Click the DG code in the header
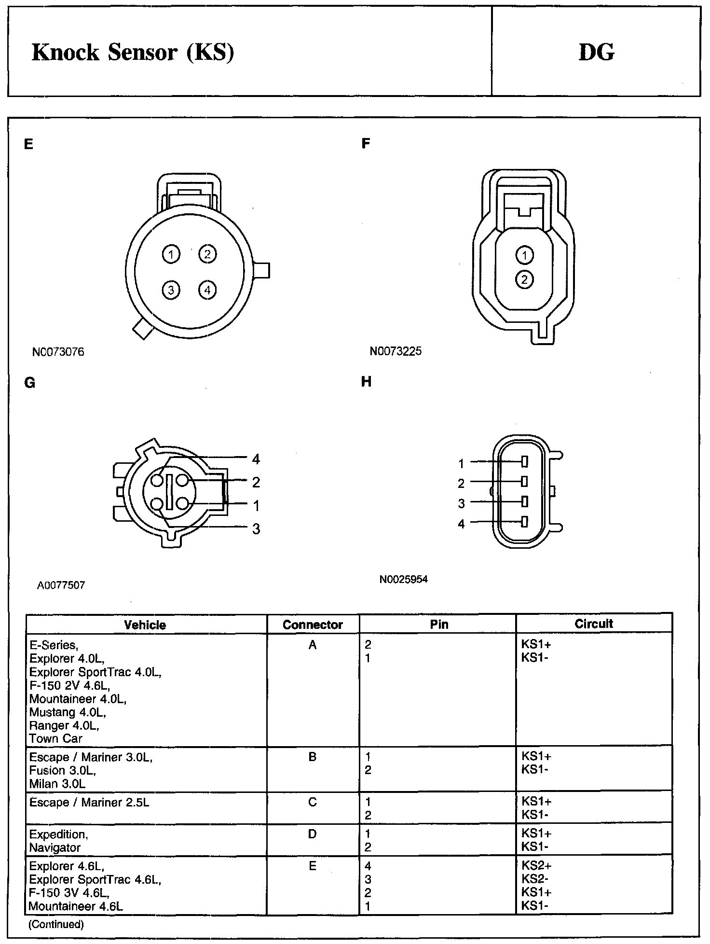click(x=596, y=52)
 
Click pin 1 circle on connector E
click(x=171, y=254)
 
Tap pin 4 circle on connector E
click(x=207, y=290)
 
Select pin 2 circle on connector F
click(x=524, y=279)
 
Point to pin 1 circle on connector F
click(x=524, y=255)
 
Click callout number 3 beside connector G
click(x=256, y=529)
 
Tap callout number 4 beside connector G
click(x=256, y=459)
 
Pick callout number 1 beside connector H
click(x=461, y=464)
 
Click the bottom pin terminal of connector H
click(x=525, y=522)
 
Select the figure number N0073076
click(x=58, y=352)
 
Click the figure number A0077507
click(x=61, y=585)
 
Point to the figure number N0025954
click(x=403, y=579)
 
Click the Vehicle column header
click(x=145, y=625)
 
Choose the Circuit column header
click(x=593, y=624)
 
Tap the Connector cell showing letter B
click(x=313, y=757)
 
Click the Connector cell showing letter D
click(x=313, y=834)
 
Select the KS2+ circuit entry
click(x=536, y=866)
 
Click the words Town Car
click(x=55, y=738)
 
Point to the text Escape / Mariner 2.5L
click(x=89, y=802)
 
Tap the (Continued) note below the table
click(x=56, y=924)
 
